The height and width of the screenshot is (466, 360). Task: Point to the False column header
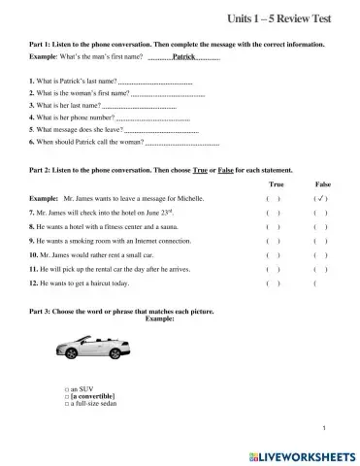(323, 183)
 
